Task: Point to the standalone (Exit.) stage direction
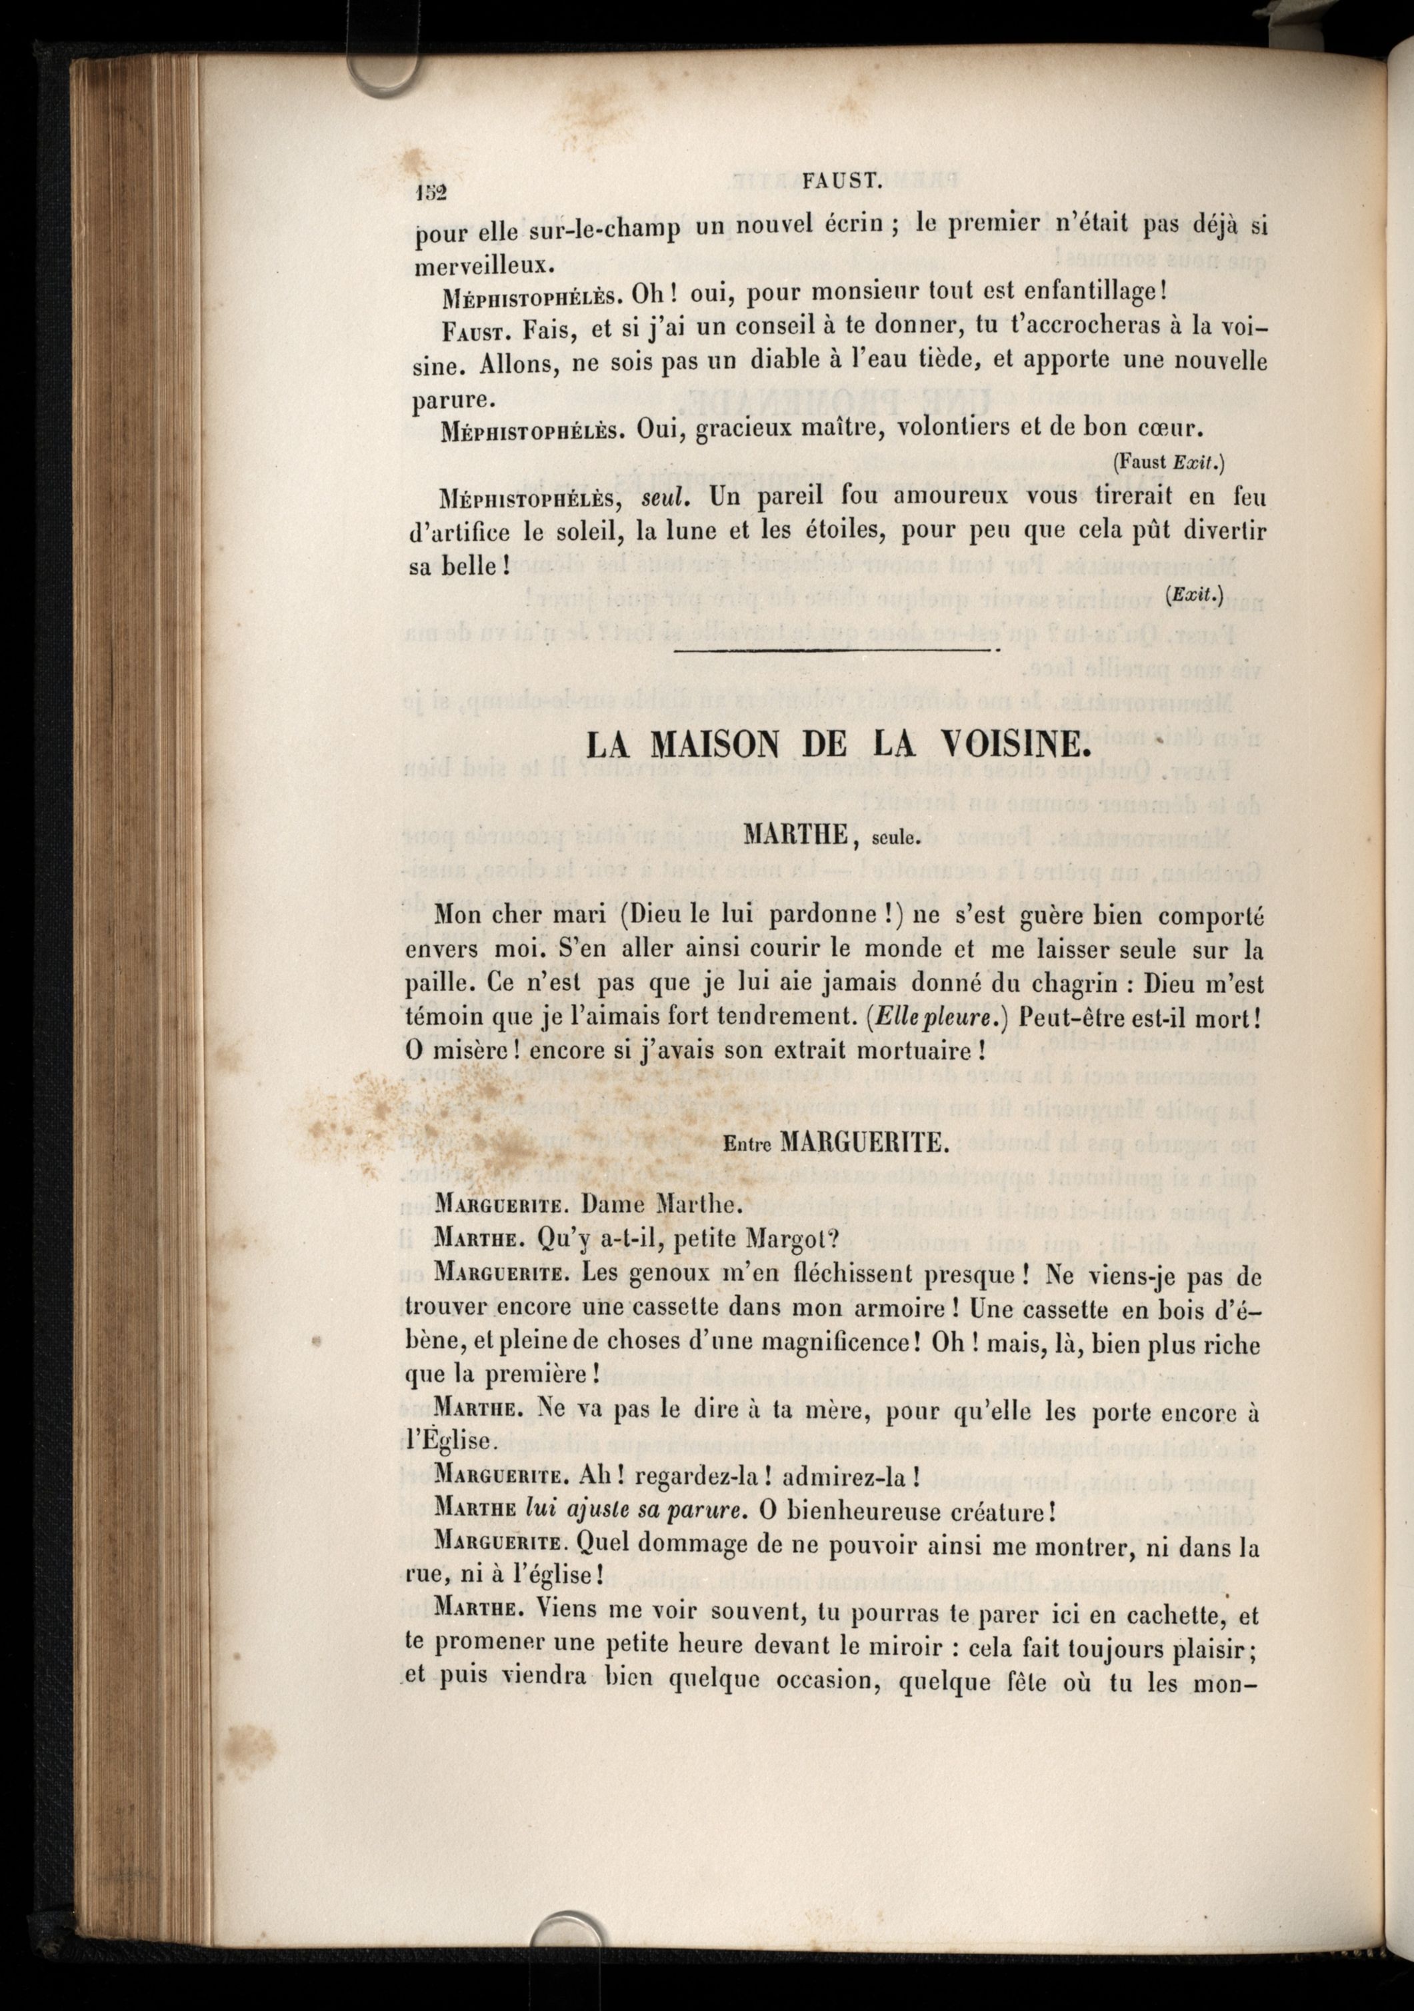pos(1194,596)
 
